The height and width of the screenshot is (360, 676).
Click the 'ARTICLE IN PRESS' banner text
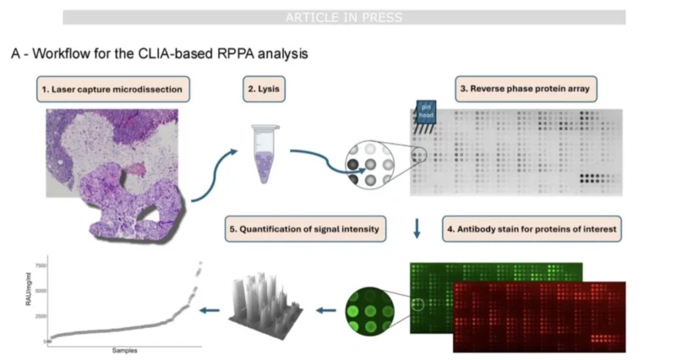pyautogui.click(x=343, y=17)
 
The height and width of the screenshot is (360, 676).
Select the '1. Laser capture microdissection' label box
pyautogui.click(x=113, y=89)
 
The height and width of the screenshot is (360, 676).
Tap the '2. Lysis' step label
pyautogui.click(x=267, y=89)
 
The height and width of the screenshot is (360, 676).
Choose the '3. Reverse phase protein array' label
pyautogui.click(x=524, y=89)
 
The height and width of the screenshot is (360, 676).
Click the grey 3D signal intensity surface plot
pyautogui.click(x=262, y=300)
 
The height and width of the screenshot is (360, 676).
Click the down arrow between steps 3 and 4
pyautogui.click(x=417, y=228)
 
